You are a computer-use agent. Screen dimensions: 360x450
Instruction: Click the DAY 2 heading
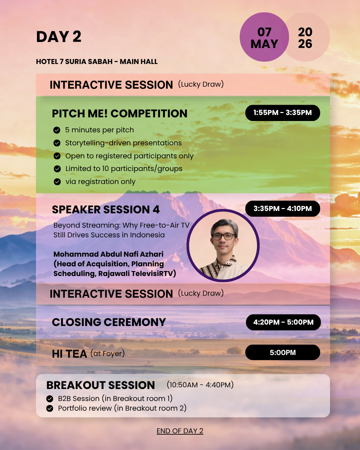pos(59,37)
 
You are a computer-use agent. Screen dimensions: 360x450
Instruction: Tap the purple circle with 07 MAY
pos(264,37)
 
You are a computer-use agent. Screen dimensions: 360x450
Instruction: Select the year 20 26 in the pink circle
pos(305,38)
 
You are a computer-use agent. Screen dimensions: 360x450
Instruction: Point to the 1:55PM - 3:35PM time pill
pos(283,113)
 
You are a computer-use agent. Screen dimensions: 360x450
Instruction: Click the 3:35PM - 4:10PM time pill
pos(283,208)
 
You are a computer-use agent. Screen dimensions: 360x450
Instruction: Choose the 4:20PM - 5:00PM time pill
pos(283,322)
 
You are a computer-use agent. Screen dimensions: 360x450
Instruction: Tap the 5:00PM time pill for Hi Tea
pos(283,352)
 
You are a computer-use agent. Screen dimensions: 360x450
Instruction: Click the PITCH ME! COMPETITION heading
pos(119,114)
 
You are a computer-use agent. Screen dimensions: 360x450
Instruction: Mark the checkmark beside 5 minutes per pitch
pos(57,130)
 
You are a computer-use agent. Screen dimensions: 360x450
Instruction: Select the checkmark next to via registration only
pos(57,182)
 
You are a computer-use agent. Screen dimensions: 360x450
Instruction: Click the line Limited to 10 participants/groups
pos(124,169)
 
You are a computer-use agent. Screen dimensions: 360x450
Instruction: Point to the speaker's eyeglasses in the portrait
pos(224,237)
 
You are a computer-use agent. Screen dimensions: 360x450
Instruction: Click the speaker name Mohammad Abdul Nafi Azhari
pos(108,254)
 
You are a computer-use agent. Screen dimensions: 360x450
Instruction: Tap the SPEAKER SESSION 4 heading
pos(106,210)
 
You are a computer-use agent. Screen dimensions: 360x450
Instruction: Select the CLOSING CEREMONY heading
pos(109,322)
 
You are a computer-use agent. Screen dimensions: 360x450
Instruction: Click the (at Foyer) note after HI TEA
pos(108,354)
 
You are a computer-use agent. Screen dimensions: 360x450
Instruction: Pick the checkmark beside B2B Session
pos(50,399)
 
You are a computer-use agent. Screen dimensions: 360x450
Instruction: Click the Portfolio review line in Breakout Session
pos(122,408)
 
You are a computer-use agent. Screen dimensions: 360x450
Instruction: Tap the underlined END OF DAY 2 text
pos(180,431)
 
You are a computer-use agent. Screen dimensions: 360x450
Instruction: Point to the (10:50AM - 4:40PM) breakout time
pos(200,385)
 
